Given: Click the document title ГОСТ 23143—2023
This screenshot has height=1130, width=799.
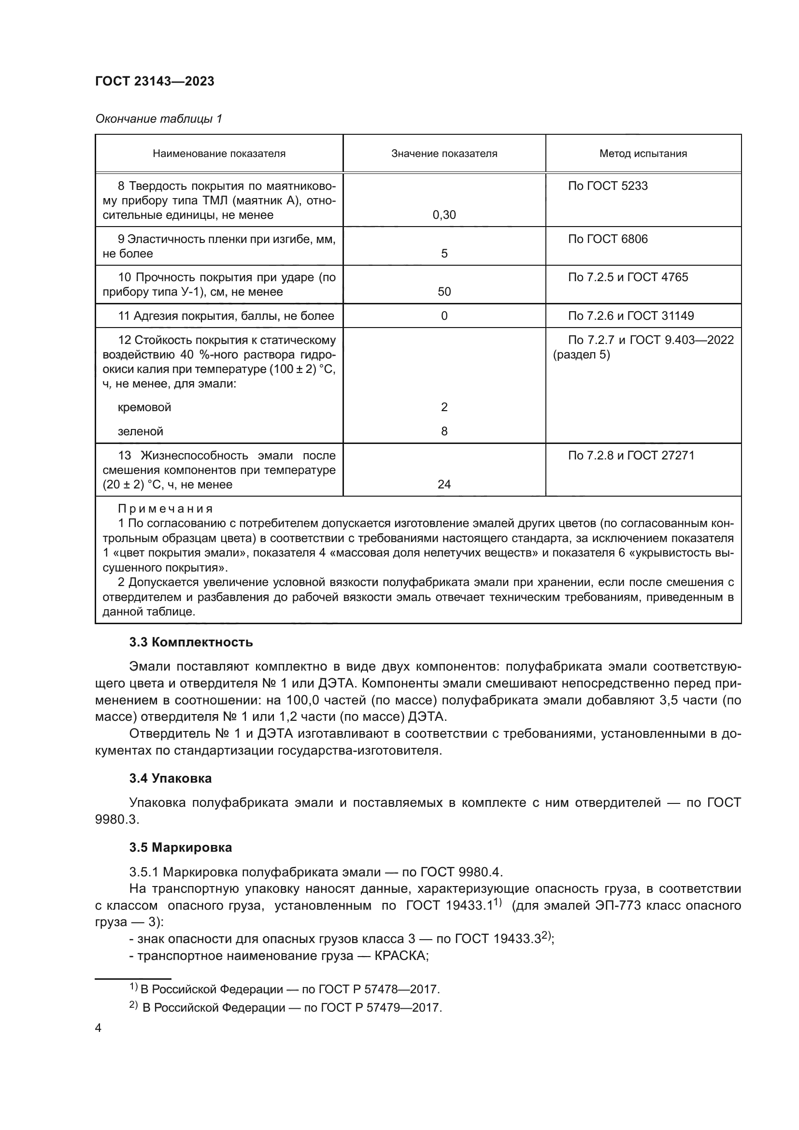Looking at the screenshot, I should (155, 81).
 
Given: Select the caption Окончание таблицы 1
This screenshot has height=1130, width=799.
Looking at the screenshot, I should (158, 119).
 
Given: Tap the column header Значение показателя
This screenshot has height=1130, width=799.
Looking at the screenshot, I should (444, 154).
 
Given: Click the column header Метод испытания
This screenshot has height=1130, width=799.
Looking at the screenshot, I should (642, 154).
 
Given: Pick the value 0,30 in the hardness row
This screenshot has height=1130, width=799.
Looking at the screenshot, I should (444, 215).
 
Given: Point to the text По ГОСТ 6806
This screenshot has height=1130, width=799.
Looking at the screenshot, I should (607, 239).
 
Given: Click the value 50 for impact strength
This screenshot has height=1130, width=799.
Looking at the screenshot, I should (444, 292).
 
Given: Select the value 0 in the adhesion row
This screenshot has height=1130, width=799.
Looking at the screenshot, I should (444, 316).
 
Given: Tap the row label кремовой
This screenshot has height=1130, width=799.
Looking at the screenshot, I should (144, 408).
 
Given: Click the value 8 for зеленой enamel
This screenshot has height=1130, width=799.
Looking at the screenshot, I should (444, 431).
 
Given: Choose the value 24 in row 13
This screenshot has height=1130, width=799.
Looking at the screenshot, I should (444, 485).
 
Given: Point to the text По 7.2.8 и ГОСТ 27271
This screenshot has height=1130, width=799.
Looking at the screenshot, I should (631, 456).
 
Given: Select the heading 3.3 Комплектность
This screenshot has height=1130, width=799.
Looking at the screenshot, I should (191, 642).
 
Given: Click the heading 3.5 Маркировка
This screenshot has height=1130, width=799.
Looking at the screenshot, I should (181, 847).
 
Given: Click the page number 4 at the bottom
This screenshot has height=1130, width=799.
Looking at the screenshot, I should (98, 1028).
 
